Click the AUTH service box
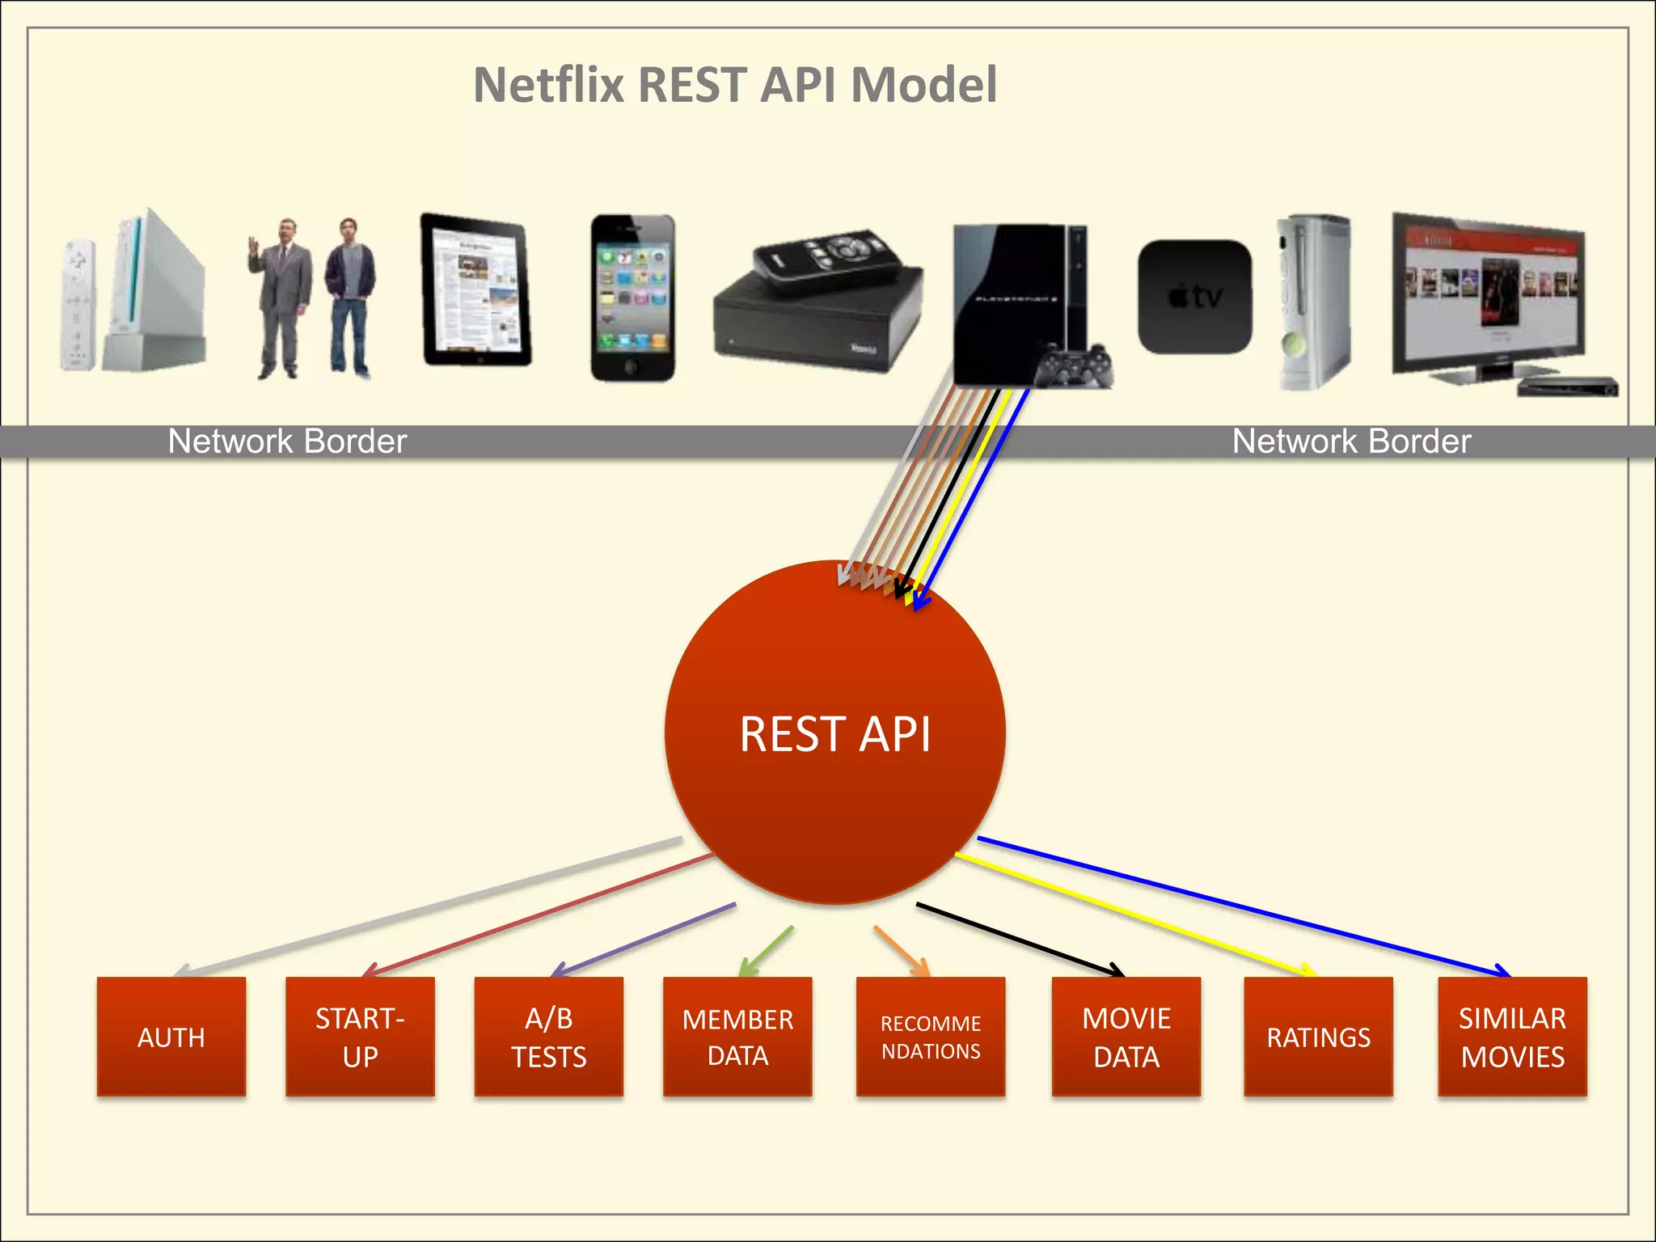pos(171,1037)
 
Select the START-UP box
pos(360,1037)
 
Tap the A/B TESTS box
pos(549,1037)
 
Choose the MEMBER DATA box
pos(737,1037)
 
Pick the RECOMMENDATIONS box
pos(931,1037)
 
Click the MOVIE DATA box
pos(1126,1037)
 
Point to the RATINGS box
pos(1318,1037)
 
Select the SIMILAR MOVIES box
pos(1512,1037)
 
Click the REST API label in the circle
pos(834,734)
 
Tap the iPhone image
pos(632,298)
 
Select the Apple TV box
pos(1194,297)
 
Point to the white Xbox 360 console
pos(1313,301)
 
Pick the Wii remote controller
pos(78,304)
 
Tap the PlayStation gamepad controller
pos(1075,366)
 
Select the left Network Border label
pos(287,441)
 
